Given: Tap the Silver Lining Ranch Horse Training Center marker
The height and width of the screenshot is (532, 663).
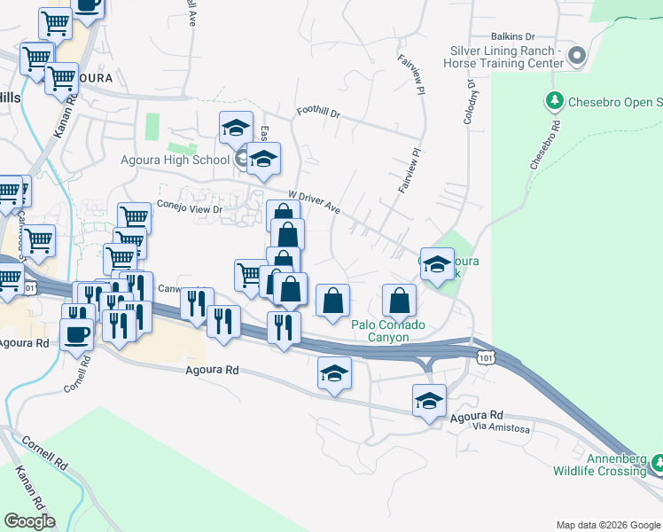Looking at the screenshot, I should coord(578,57).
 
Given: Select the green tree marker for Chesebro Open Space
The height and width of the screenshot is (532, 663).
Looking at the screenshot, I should coord(556,100).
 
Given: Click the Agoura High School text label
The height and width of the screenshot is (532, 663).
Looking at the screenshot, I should coord(175,160).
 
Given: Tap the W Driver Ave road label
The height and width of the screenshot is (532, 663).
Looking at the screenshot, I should coord(315,201).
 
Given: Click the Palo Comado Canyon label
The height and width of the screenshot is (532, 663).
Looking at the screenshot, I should coord(389,331).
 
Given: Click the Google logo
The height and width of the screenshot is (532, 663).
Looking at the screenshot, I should coord(30,521).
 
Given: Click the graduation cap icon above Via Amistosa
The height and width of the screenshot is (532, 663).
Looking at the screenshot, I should coord(429,401).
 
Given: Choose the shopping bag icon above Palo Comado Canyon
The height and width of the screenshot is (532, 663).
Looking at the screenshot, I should coord(400,301).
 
